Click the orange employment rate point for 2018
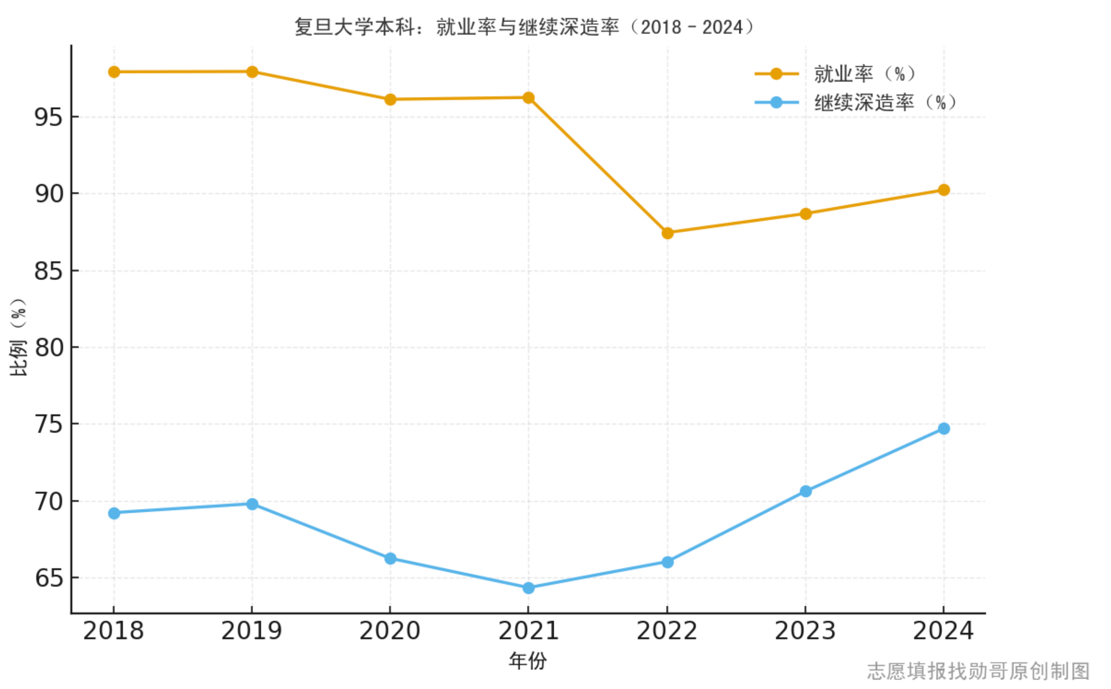[x=114, y=72]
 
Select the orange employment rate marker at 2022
[x=667, y=233]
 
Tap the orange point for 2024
[x=944, y=190]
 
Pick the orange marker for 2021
[x=528, y=98]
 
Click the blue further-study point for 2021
[x=528, y=588]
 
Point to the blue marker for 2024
[x=944, y=428]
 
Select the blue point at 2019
[x=252, y=504]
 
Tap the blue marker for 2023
[x=806, y=491]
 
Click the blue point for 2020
[x=390, y=559]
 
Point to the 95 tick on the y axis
[x=48, y=118]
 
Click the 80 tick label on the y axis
[x=48, y=348]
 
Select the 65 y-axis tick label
[x=48, y=578]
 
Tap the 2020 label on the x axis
[x=390, y=632]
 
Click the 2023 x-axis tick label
[x=805, y=632]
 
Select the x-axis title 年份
[x=527, y=660]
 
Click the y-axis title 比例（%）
[x=18, y=337]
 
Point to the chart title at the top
[x=524, y=27]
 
